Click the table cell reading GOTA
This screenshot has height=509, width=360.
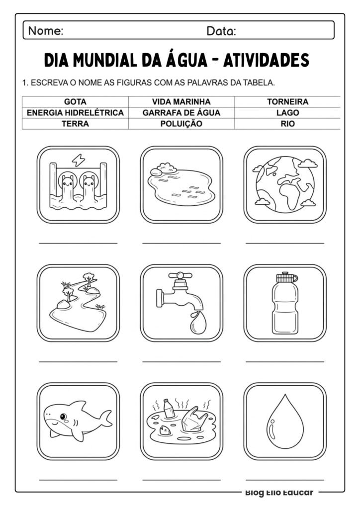tap(75, 101)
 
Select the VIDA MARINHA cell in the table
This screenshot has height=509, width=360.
tap(181, 101)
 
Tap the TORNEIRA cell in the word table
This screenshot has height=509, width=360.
tap(287, 101)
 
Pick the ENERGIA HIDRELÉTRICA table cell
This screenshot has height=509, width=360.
tap(75, 113)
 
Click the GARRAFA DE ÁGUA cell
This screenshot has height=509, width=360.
tap(181, 113)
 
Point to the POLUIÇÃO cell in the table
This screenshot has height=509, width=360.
tap(181, 124)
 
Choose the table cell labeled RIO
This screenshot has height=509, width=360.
tap(287, 124)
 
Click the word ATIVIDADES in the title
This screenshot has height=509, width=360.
tap(266, 61)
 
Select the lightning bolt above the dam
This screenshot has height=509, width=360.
tap(79, 160)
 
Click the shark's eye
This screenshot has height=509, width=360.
tap(63, 415)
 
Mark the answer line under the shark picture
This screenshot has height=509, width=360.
tap(78, 480)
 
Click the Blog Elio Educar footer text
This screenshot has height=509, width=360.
tap(279, 493)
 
